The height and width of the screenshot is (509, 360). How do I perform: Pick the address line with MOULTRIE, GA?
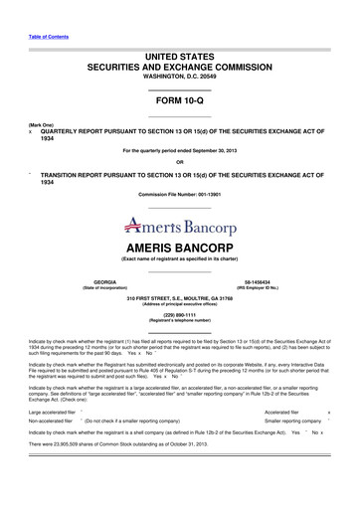tap(180, 298)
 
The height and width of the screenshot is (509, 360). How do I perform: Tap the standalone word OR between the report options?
tap(180, 162)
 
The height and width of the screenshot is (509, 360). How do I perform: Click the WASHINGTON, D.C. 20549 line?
tap(180, 76)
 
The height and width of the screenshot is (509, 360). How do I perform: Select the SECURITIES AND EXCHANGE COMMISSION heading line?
tap(180, 65)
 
